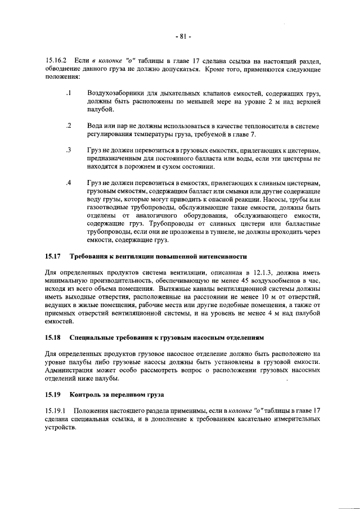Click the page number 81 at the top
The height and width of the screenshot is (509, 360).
(x=182, y=37)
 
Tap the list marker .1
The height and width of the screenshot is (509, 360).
(x=67, y=92)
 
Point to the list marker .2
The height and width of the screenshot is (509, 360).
(x=67, y=125)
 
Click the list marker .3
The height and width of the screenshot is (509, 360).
(x=67, y=150)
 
